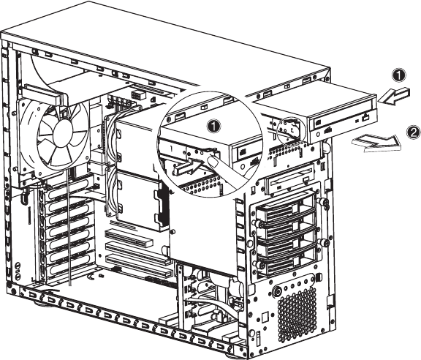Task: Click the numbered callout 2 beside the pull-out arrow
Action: click(x=413, y=133)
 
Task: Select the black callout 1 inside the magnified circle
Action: click(x=213, y=126)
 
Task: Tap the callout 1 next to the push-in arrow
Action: click(x=399, y=75)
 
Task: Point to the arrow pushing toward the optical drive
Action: click(x=394, y=96)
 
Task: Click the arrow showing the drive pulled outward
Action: click(x=376, y=143)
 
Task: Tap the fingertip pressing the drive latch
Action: click(x=213, y=162)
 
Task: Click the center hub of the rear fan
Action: click(x=64, y=134)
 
